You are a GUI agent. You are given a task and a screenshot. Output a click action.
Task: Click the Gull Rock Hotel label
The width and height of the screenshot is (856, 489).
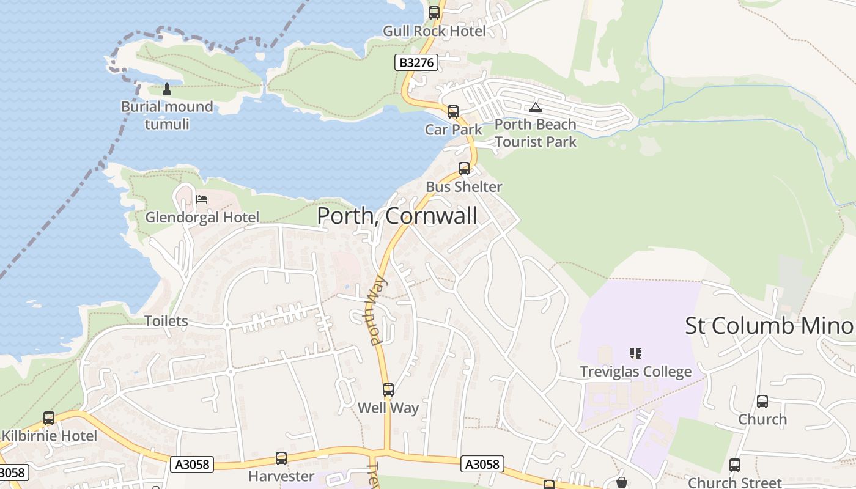coord(434,31)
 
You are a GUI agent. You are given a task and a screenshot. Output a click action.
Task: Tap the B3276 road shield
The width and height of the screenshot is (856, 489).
coord(416,62)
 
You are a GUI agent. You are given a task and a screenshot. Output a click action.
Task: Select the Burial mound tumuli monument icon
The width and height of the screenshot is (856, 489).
coord(166,89)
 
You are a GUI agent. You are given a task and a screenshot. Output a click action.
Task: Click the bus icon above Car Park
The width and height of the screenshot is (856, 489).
coord(452,112)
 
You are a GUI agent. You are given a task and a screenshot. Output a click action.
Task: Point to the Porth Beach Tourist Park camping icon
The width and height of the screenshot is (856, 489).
coord(536,107)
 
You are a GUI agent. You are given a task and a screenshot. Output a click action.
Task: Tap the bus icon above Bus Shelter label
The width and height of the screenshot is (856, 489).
coord(464,169)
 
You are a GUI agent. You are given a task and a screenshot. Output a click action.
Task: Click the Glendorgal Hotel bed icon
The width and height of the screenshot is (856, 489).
coord(202,199)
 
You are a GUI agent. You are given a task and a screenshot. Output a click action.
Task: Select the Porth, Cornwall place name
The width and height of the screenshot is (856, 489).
coord(397,216)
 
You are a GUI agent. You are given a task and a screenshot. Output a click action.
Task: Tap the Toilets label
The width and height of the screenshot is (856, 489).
coord(166,321)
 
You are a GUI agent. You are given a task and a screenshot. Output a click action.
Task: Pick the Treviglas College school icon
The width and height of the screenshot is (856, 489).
coord(635,353)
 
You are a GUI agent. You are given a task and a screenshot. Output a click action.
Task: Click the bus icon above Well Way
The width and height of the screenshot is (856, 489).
coord(388,390)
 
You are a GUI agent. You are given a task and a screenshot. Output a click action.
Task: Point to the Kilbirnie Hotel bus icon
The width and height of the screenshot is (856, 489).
coord(49,418)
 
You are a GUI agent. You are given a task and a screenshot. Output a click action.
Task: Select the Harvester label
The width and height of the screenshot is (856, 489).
coord(281,476)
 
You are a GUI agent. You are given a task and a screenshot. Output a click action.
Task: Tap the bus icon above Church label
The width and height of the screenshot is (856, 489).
coord(762,402)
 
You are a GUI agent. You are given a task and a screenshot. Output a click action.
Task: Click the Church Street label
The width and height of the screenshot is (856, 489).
coord(734,482)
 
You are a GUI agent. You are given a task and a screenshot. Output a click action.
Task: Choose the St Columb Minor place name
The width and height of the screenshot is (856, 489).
coord(769,326)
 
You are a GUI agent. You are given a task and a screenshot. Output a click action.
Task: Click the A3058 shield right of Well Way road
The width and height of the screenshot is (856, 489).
coord(482,465)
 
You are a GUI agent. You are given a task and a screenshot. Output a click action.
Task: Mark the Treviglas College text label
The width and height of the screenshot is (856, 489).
coord(635,372)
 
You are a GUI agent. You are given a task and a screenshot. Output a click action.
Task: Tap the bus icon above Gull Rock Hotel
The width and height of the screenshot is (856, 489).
coord(434,12)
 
